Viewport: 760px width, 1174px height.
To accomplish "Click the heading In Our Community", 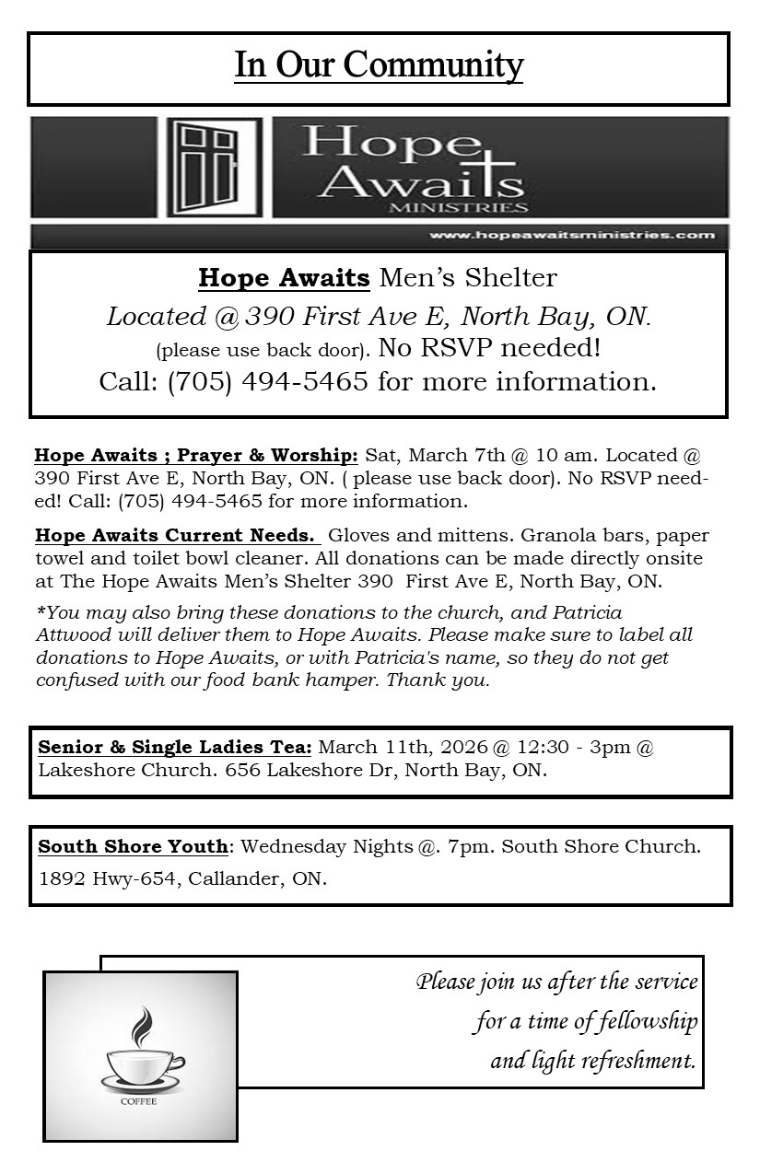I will [x=379, y=65].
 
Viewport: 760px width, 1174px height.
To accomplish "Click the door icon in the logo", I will [x=212, y=168].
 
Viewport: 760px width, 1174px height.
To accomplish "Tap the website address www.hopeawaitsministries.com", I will [x=571, y=235].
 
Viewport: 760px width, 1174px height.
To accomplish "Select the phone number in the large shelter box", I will [x=268, y=381].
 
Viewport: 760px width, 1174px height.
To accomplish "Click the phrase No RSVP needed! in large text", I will [x=490, y=348].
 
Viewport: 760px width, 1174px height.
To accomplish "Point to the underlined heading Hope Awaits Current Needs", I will [x=176, y=536].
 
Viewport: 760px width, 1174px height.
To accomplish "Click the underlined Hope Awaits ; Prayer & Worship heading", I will [x=196, y=456].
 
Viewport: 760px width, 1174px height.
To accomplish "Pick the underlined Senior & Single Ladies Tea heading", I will [x=175, y=747].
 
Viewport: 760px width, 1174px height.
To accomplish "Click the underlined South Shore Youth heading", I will [x=133, y=846].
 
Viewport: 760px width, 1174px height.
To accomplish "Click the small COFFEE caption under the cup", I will [x=138, y=1102].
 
